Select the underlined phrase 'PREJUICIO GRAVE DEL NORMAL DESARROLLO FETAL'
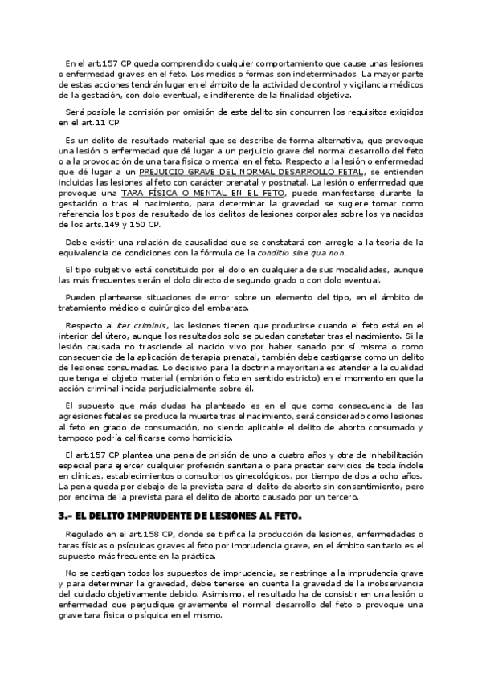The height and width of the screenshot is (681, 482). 250,172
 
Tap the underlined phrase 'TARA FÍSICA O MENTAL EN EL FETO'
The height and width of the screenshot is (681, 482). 196,194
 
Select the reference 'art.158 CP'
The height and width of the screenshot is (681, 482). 149,532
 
